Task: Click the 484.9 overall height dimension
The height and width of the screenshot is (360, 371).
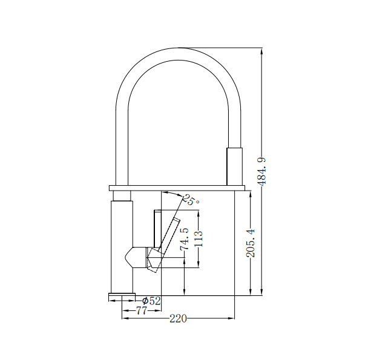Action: click(x=261, y=172)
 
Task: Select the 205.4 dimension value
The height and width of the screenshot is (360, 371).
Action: click(x=251, y=243)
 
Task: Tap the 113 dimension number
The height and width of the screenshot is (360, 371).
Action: click(x=199, y=238)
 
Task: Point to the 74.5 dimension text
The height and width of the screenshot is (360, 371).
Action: click(x=185, y=239)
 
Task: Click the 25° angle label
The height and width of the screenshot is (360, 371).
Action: click(x=192, y=200)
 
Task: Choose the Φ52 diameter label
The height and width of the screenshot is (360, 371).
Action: click(x=151, y=301)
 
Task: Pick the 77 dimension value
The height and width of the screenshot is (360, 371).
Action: click(x=142, y=310)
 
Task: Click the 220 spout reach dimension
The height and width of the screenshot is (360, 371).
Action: click(x=178, y=319)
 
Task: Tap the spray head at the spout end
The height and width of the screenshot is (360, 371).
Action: click(x=234, y=166)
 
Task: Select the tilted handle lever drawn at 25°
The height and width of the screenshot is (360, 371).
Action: click(x=168, y=235)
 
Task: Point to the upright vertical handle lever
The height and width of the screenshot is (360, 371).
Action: click(x=157, y=229)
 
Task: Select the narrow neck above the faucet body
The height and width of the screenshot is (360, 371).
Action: click(x=122, y=196)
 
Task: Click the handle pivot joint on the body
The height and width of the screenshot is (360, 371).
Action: click(x=154, y=260)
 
